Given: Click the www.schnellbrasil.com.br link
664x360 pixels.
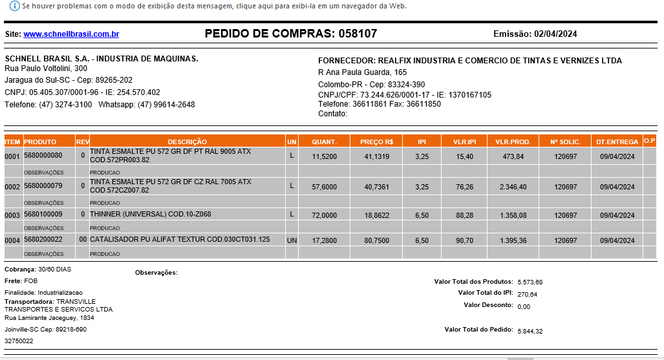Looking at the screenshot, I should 71,34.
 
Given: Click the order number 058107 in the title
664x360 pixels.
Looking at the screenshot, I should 353,34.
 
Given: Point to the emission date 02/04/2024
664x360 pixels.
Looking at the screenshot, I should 555,34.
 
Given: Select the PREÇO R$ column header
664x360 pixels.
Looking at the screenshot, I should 377,142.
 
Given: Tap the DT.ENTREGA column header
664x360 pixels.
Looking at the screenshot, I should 617,142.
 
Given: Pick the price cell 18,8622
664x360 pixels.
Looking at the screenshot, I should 377,215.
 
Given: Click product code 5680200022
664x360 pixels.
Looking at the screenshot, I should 43,240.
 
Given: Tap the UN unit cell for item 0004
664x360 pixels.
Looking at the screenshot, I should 292,240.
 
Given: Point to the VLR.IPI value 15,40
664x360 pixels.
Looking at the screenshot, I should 464,156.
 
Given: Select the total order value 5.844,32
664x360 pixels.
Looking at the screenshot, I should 530,331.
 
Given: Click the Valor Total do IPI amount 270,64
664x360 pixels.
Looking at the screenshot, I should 528,294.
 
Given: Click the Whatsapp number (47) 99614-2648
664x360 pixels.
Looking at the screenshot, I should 166,105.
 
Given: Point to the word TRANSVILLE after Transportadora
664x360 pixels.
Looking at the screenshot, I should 76,301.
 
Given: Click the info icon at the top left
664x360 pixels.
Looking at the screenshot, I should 14,6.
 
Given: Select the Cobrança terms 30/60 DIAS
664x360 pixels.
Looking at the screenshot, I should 55,269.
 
